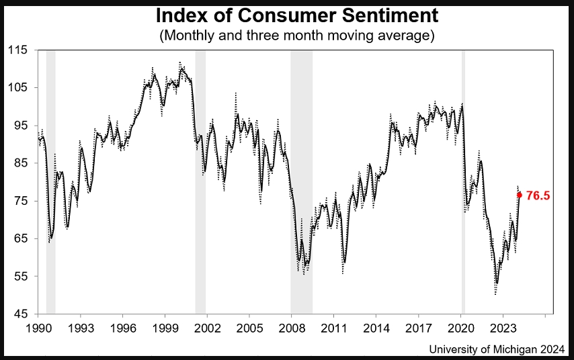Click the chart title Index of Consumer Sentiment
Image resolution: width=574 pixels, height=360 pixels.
tap(297, 15)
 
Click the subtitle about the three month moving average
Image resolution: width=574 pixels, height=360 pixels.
tap(297, 35)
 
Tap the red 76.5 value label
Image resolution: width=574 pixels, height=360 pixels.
tap(538, 195)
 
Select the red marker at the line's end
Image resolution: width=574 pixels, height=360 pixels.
tap(519, 195)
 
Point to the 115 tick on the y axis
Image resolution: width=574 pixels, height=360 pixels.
tap(18, 50)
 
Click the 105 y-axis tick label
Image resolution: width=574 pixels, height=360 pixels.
tap(18, 88)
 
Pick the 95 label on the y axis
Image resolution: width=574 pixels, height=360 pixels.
tap(21, 126)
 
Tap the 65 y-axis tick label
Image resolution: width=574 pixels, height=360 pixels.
tap(21, 238)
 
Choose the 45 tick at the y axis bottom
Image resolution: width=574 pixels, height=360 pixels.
tap(21, 314)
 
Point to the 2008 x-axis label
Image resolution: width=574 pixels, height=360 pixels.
tap(292, 328)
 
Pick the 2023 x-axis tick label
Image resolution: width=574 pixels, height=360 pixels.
tap(503, 328)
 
